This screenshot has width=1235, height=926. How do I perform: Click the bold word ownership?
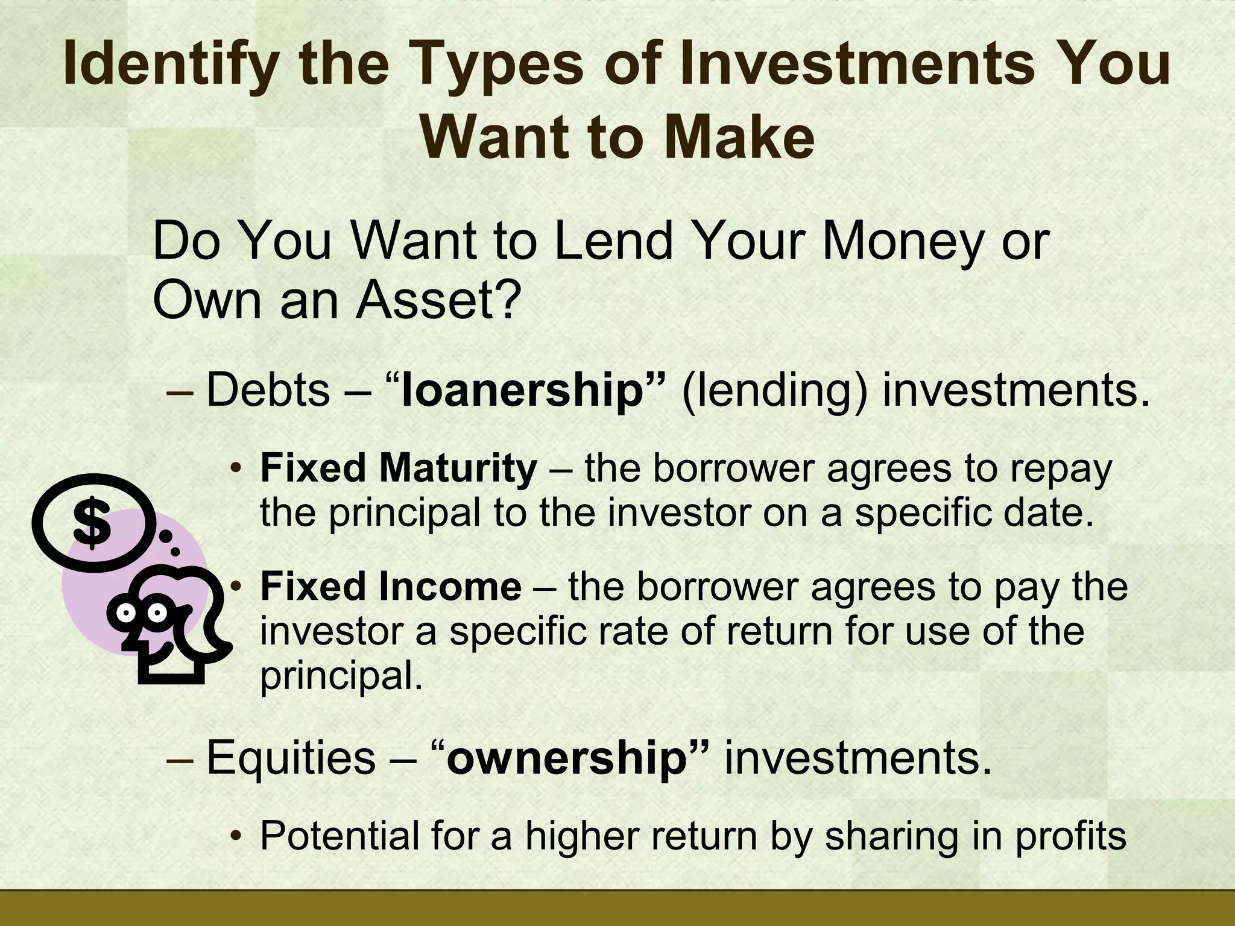[567, 758]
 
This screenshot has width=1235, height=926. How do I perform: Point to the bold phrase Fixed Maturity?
[398, 468]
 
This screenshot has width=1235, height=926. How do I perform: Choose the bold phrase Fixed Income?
[390, 587]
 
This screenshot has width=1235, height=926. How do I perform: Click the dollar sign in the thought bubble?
[92, 523]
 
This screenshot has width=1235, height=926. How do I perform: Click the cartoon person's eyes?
[142, 613]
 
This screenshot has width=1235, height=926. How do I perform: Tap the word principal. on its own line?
[341, 676]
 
